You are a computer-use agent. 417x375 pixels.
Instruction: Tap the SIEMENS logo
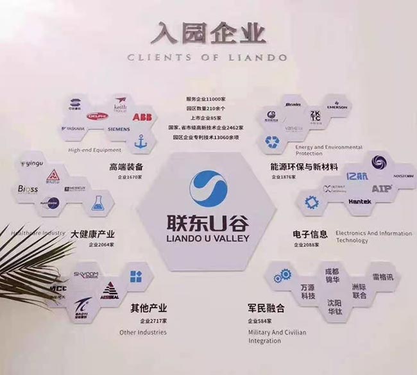(117, 129)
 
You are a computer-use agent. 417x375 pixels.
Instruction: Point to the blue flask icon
(98, 203)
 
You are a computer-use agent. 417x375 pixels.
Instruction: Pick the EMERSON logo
(337, 106)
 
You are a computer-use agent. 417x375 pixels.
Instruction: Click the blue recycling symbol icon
(273, 142)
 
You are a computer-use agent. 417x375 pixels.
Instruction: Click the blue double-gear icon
(283, 276)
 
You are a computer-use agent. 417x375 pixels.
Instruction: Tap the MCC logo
(58, 288)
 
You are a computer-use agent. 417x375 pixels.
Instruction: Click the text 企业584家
(262, 320)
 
